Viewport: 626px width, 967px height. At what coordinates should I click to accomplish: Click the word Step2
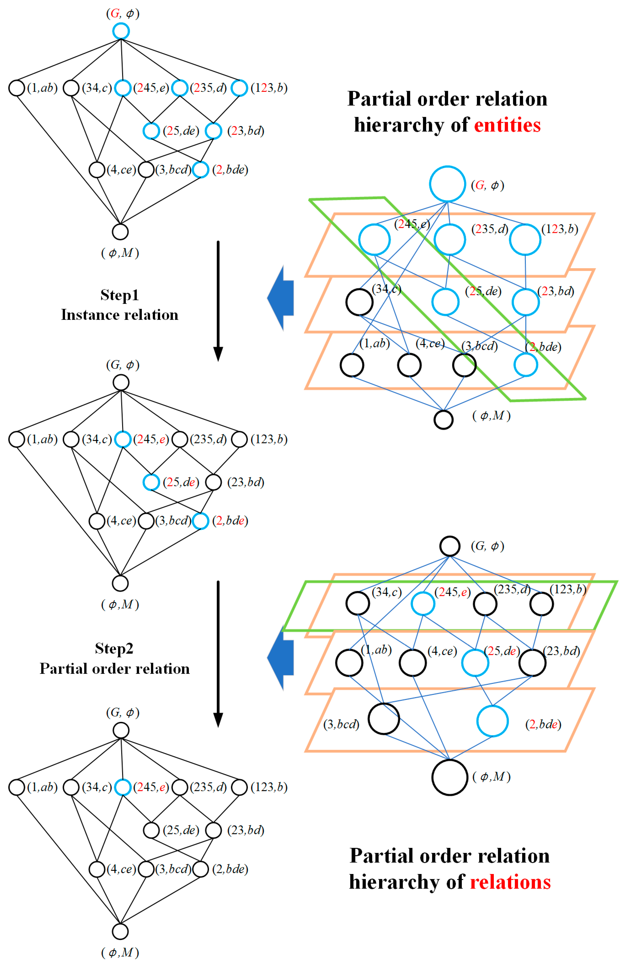pos(114,648)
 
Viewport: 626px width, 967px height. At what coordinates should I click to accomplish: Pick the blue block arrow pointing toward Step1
pos(281,298)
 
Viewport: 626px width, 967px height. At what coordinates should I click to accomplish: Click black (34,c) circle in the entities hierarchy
pos(359,302)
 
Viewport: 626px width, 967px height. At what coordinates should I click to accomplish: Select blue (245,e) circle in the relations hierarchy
pos(423,603)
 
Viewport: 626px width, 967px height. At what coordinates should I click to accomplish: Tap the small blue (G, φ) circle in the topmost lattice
pos(121,31)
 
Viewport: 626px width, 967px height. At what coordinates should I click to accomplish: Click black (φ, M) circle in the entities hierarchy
pos(443,420)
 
